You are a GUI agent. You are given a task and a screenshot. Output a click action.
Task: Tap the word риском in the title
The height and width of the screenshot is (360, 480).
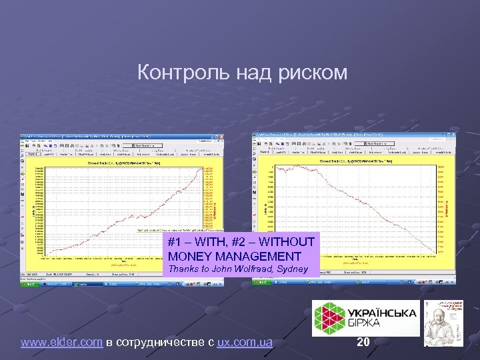click(315, 72)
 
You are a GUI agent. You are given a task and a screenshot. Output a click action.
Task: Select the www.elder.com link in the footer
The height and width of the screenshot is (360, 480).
click(61, 343)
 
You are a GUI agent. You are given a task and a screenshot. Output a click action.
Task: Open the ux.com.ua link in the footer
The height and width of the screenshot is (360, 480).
click(245, 343)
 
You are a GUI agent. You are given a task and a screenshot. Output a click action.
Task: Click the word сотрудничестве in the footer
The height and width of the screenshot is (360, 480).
click(164, 343)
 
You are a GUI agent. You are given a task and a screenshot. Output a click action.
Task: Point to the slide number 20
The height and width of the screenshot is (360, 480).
click(363, 342)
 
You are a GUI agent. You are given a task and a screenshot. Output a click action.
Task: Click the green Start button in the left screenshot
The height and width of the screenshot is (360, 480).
click(29, 283)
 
